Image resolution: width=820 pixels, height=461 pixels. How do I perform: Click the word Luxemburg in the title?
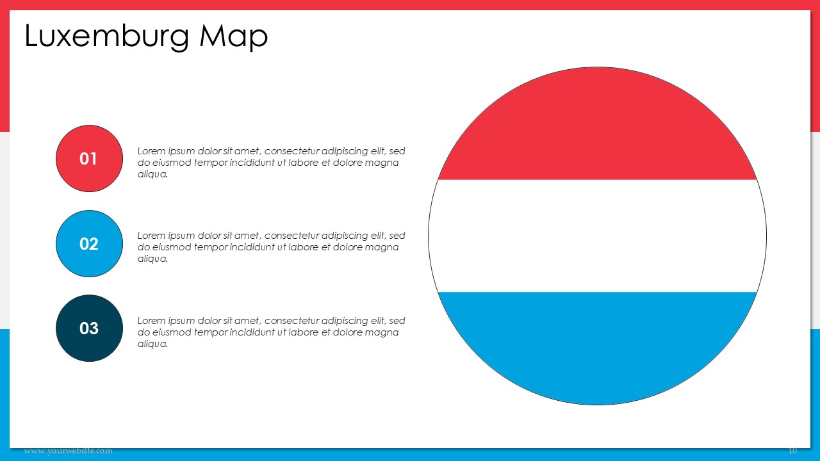[x=107, y=36]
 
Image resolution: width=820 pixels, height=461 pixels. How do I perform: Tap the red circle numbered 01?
[x=89, y=158]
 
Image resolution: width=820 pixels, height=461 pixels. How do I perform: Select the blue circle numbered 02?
[x=89, y=244]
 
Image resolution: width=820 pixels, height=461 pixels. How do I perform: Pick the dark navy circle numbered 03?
[x=89, y=328]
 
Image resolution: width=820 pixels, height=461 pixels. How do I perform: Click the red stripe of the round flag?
[x=598, y=124]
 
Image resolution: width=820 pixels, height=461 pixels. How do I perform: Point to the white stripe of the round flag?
[x=598, y=236]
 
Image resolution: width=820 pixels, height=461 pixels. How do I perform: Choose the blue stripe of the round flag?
[x=598, y=348]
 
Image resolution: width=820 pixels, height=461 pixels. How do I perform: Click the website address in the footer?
[x=69, y=451]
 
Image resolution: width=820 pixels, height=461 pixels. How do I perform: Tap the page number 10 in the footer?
[x=792, y=450]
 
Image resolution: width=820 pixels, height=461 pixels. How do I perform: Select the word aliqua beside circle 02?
[x=152, y=259]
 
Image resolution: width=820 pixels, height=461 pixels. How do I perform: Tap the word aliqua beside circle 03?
[x=152, y=344]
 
